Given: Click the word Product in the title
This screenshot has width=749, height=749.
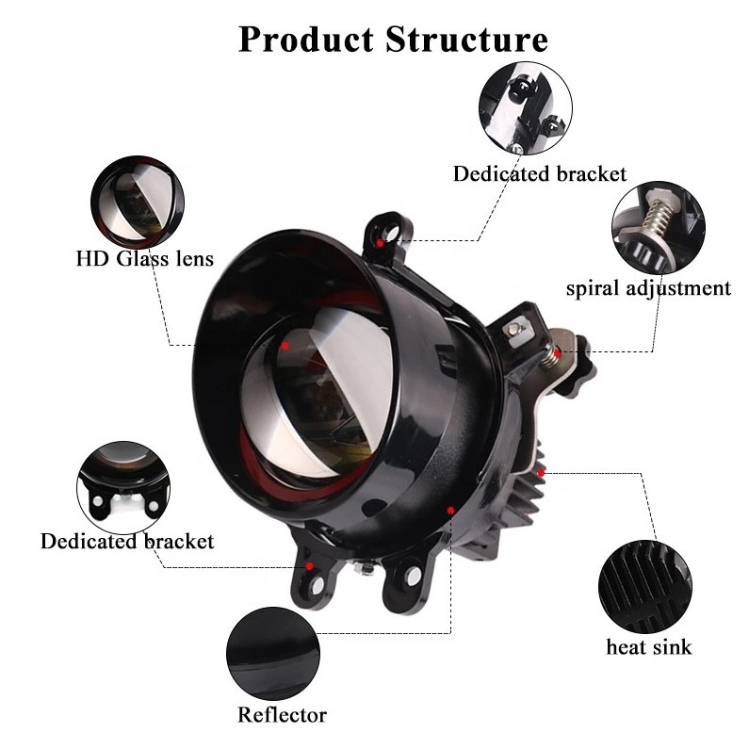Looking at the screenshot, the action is pos(305,40).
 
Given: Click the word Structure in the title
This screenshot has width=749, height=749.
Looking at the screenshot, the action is pos(466,40).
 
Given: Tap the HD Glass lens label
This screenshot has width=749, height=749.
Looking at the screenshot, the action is pos(145,258).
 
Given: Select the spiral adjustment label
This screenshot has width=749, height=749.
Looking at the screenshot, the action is pos(648,288).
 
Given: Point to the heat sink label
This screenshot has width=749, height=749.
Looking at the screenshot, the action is pos(648,647).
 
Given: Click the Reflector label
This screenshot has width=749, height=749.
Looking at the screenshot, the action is pos(282,715).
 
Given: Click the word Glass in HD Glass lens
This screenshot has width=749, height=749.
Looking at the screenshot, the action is pos(144,258).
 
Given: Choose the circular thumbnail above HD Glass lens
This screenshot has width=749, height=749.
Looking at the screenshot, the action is pos(138,202).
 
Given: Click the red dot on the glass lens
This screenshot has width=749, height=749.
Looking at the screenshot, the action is pos(285,346).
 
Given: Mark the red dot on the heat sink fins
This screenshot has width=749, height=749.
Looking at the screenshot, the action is pos(541,467).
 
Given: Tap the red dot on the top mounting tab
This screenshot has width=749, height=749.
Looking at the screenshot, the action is pos(380,242).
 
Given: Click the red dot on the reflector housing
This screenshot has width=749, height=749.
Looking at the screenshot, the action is pos(451,510).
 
